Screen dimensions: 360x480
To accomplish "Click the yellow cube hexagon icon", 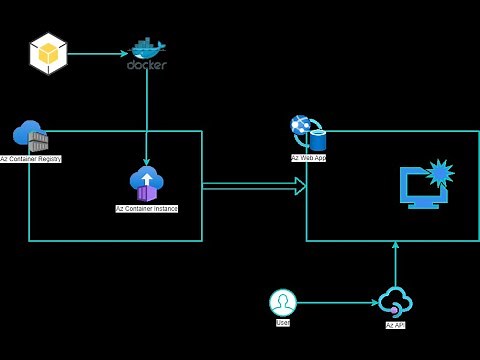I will pyautogui.click(x=48, y=54).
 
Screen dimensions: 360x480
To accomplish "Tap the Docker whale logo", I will pyautogui.click(x=147, y=48).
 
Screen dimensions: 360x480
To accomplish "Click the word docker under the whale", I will pyautogui.click(x=147, y=65).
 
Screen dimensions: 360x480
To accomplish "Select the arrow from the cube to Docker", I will pyautogui.click(x=98, y=54).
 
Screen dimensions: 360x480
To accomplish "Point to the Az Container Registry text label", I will pyautogui.click(x=31, y=159).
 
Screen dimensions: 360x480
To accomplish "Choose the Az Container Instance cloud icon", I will pyautogui.click(x=147, y=183).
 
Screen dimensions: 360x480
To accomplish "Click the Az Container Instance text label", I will pyautogui.click(x=147, y=209).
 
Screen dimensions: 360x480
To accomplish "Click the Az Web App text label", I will pyautogui.click(x=308, y=158).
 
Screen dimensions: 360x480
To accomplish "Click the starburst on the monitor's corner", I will pyautogui.click(x=440, y=173).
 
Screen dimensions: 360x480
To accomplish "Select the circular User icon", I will pyautogui.click(x=283, y=302).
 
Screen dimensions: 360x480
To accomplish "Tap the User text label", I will pyautogui.click(x=283, y=323).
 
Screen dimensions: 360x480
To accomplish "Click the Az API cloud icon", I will pyautogui.click(x=395, y=302).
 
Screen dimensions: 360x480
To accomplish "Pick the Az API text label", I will pyautogui.click(x=395, y=325).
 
